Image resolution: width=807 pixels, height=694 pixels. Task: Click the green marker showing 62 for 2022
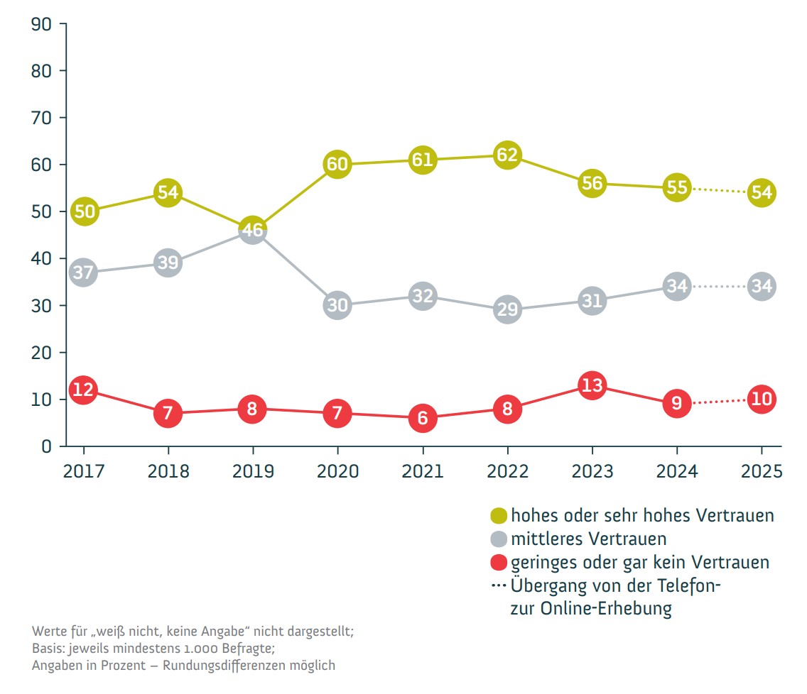pyautogui.click(x=507, y=155)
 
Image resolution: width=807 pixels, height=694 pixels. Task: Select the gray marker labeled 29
pyautogui.click(x=507, y=309)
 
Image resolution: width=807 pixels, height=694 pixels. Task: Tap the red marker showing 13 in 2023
pyautogui.click(x=592, y=385)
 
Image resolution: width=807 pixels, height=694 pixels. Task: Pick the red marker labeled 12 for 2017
pyautogui.click(x=83, y=390)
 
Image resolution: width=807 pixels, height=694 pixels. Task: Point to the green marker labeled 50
pyautogui.click(x=84, y=211)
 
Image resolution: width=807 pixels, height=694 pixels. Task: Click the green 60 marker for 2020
pyautogui.click(x=337, y=165)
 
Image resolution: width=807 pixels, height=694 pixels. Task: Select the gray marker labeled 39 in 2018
pyautogui.click(x=168, y=263)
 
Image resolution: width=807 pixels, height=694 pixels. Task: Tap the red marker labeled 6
pyautogui.click(x=423, y=418)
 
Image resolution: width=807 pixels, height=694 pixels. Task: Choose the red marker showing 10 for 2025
pyautogui.click(x=761, y=399)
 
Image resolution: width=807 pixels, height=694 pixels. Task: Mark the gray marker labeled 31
pyautogui.click(x=592, y=300)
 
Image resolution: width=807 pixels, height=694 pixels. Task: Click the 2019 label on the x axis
pyautogui.click(x=253, y=472)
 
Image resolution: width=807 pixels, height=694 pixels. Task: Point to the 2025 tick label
pyautogui.click(x=761, y=472)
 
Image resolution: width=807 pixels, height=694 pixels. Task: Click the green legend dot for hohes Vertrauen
pyautogui.click(x=499, y=515)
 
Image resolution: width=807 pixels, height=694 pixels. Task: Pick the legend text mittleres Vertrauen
pyautogui.click(x=588, y=539)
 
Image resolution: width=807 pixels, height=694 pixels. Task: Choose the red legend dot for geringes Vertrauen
pyautogui.click(x=499, y=562)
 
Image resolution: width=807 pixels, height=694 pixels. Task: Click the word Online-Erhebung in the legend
pyautogui.click(x=591, y=609)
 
